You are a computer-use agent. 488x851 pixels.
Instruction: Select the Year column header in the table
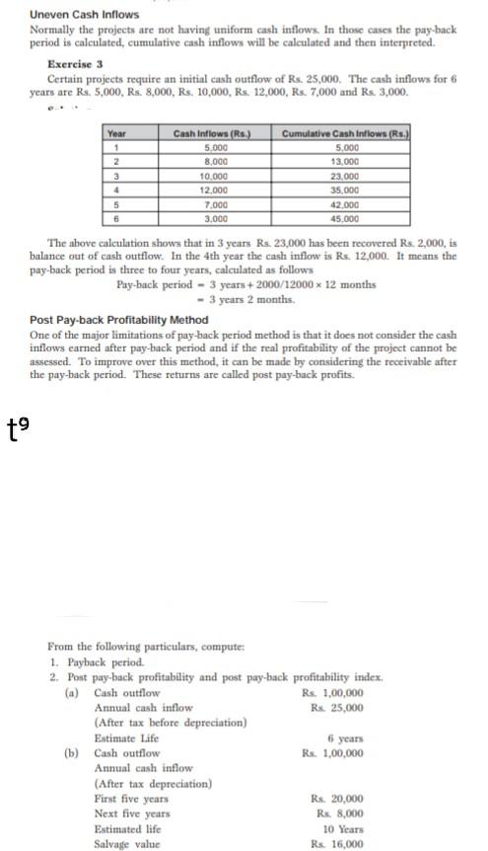pos(116,132)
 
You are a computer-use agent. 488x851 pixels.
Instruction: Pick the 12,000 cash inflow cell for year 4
pos(214,188)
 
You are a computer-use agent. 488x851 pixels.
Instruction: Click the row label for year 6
pos(116,217)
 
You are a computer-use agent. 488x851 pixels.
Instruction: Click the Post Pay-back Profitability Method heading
pos(118,320)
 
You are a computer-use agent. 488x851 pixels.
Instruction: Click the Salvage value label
pos(126,844)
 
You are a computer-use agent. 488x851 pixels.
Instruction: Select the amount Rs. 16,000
pos(336,844)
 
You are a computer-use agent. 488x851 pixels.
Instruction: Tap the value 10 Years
pos(343,829)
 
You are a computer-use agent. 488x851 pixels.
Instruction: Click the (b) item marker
pos(71,753)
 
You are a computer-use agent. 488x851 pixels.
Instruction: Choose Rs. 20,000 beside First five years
pos(336,799)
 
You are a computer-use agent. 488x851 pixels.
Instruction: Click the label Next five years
pos(132,813)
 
